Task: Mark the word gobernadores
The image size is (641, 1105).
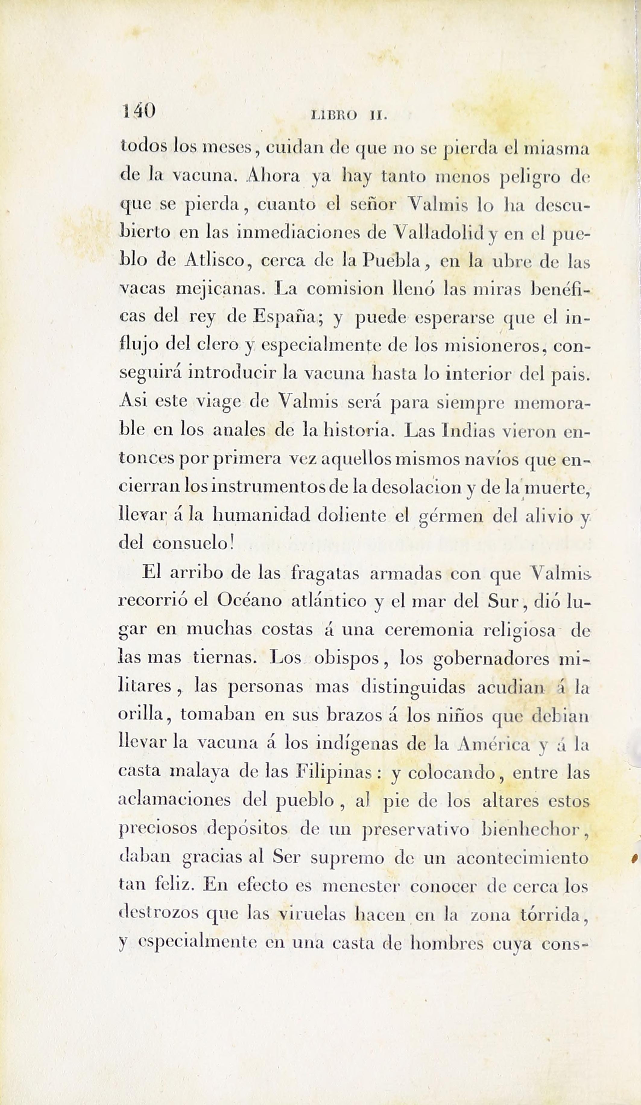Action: tap(491, 659)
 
